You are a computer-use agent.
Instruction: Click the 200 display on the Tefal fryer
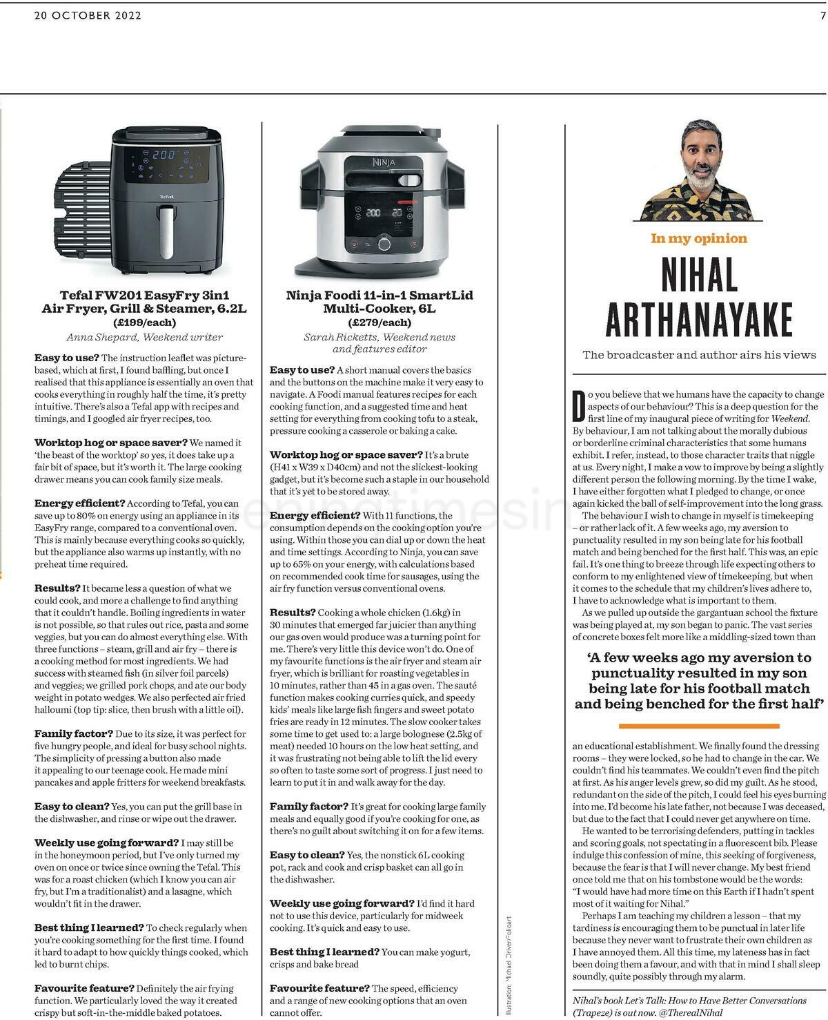[x=164, y=155]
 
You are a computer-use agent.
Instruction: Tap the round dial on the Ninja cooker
[x=384, y=244]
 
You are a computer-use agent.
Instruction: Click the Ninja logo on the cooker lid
[x=382, y=164]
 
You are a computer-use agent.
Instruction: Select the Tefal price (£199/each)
[x=144, y=322]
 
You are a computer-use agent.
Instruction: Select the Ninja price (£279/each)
[x=379, y=322]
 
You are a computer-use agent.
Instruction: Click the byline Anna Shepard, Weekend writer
[x=144, y=337]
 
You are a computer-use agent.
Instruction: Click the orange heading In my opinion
[x=698, y=238]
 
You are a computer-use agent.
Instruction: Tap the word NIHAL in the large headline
[x=699, y=275]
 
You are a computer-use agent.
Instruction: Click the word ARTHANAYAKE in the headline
[x=699, y=319]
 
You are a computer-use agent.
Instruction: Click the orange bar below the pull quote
[x=698, y=726]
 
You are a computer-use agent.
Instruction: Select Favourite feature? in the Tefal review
[x=84, y=988]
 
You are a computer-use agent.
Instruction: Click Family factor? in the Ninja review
[x=308, y=806]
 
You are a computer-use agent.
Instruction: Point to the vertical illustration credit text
[x=509, y=965]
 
